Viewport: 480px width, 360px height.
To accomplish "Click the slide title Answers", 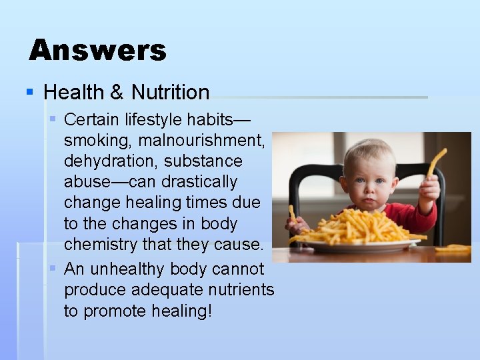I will [x=97, y=50].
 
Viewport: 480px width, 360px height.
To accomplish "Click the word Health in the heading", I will [x=74, y=92].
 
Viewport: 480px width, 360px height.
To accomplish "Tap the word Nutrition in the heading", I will [x=171, y=92].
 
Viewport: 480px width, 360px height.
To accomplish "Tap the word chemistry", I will [x=100, y=244].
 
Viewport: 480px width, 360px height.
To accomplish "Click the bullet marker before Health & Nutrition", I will [x=29, y=92].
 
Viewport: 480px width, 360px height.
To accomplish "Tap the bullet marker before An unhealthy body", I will [x=53, y=269].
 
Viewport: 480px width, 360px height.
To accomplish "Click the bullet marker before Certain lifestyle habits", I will [x=53, y=120].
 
